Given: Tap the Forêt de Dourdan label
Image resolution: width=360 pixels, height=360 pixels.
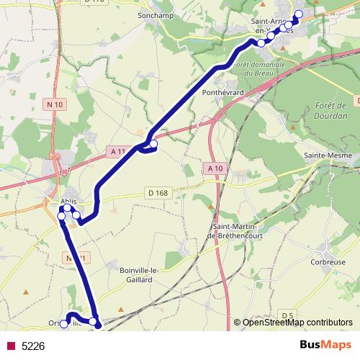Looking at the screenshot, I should [x=330, y=111].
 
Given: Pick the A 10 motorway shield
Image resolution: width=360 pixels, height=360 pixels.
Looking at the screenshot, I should [x=212, y=168].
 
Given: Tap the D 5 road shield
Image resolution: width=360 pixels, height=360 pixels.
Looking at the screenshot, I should [x=288, y=315].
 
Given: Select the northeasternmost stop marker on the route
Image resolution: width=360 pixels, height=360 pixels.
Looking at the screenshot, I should [x=298, y=14].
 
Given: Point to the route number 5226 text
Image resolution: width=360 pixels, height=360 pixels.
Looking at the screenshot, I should [x=33, y=346].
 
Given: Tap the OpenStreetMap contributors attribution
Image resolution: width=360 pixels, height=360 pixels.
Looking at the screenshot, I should [x=297, y=323].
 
